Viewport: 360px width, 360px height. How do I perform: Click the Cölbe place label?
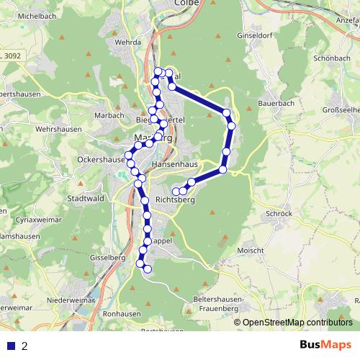click(186, 3)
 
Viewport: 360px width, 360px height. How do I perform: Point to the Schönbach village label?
click(332, 59)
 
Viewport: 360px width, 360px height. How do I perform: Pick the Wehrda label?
click(120, 42)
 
